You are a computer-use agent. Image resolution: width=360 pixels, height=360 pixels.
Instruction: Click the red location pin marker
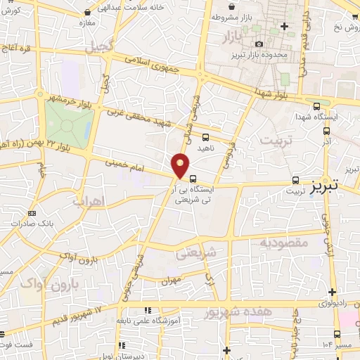181,165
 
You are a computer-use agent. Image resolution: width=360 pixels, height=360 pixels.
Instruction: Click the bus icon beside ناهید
205,137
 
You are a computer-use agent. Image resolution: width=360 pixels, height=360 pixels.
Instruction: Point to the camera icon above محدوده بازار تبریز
258,44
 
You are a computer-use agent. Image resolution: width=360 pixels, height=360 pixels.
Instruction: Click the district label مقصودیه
284,243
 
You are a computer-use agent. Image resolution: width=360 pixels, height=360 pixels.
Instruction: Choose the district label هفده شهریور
235,312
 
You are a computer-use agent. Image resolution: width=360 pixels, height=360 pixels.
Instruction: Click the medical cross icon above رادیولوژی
331,292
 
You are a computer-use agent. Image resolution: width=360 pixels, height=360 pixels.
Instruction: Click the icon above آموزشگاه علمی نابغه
147,311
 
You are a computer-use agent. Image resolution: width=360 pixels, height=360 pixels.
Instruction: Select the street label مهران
169,281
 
